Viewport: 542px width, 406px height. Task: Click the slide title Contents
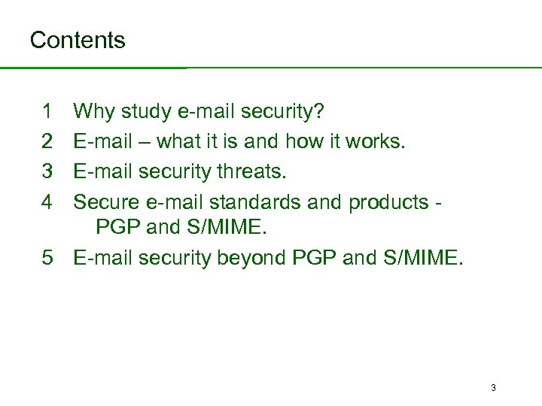(x=78, y=40)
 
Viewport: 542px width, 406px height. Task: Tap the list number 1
(x=47, y=112)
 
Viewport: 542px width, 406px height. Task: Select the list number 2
(x=47, y=142)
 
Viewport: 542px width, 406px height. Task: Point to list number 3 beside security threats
(x=47, y=172)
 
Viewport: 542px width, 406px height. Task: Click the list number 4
(x=47, y=202)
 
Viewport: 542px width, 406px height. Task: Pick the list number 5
(x=47, y=258)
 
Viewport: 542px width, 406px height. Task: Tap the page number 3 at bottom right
(x=493, y=388)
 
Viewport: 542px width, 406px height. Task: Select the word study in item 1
(x=146, y=113)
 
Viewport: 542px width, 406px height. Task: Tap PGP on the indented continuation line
(x=115, y=226)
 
